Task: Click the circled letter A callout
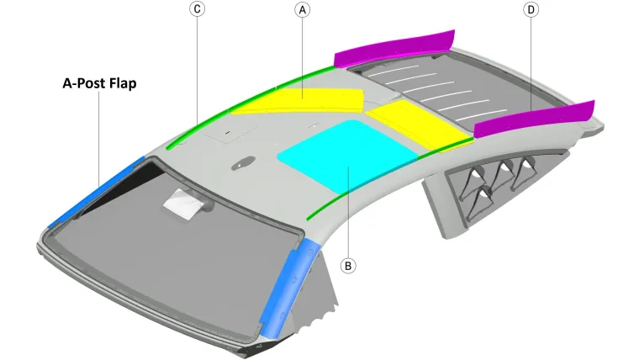[x=302, y=10]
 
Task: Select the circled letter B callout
[x=347, y=266]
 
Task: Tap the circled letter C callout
[x=198, y=9]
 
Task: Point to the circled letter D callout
[x=531, y=9]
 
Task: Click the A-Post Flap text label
[x=99, y=83]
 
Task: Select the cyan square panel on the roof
[x=347, y=156]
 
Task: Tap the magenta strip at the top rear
[x=394, y=49]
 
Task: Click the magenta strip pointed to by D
[x=534, y=119]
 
